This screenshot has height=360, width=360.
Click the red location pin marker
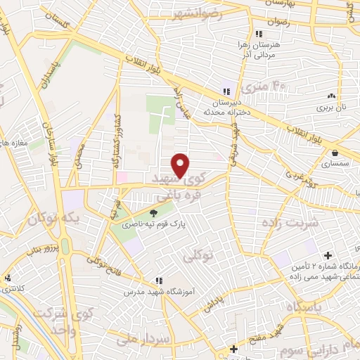[x=181, y=166]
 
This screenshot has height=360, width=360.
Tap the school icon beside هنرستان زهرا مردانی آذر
[x=258, y=34]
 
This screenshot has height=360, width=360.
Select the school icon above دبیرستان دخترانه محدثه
[x=226, y=91]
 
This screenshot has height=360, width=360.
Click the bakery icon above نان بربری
[x=330, y=96]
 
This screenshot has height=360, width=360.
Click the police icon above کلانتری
[x=6, y=278]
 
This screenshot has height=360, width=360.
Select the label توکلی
[x=197, y=258]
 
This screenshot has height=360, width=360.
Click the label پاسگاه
[x=302, y=305]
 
